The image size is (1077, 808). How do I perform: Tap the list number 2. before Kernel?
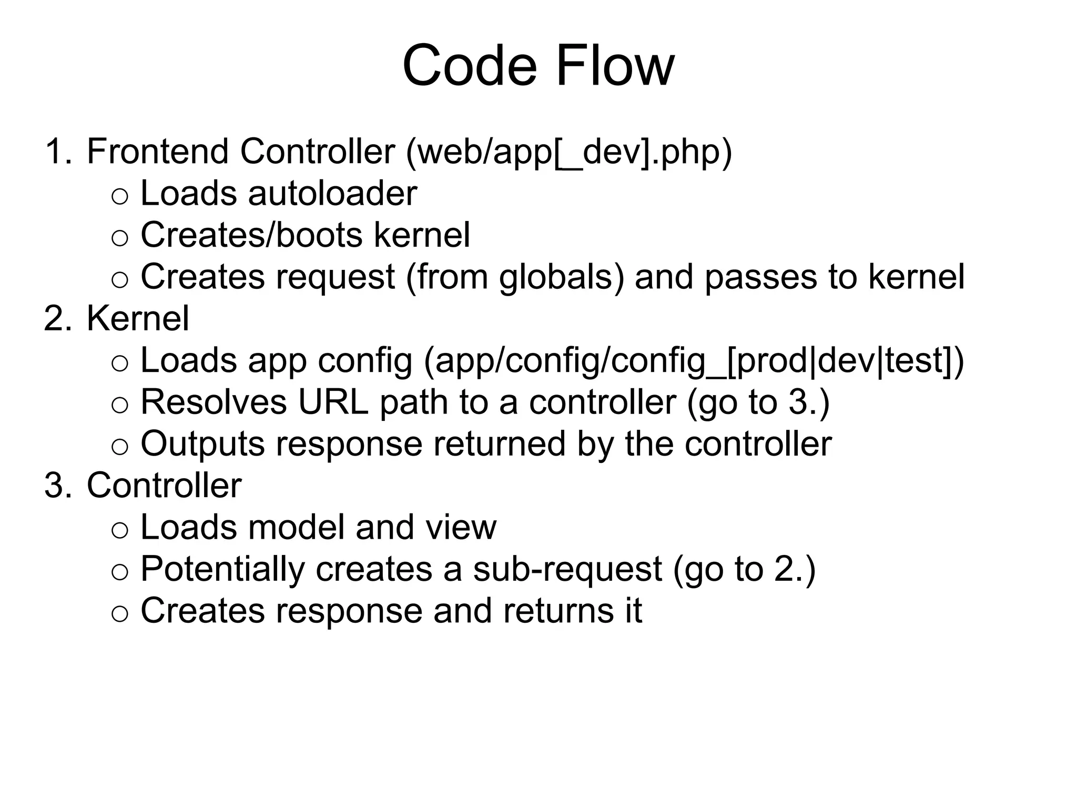57,319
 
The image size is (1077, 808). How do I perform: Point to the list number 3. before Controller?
57,486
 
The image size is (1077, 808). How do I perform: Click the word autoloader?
332,194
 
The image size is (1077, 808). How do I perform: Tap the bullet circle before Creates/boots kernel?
120,238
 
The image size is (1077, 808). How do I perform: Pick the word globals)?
561,277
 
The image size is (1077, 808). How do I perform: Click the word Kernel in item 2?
138,319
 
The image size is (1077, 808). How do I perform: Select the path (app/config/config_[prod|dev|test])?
694,362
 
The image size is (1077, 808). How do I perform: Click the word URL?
333,402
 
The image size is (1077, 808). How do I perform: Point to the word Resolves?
214,402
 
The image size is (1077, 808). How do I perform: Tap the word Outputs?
202,445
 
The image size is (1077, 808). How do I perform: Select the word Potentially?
222,570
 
